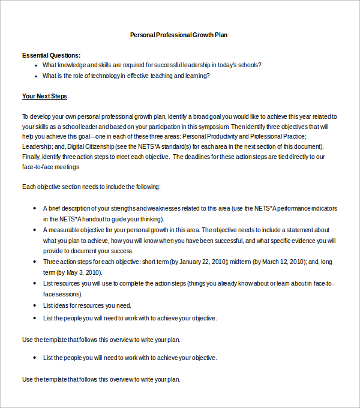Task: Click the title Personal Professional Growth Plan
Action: click(179, 35)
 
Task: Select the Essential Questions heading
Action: click(51, 55)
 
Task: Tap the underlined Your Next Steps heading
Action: click(44, 96)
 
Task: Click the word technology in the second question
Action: click(104, 76)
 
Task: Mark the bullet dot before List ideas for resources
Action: click(37, 305)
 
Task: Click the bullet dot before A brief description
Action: click(37, 209)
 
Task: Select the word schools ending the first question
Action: click(248, 65)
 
